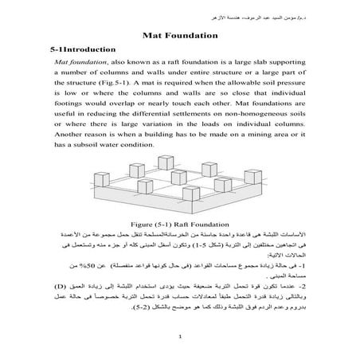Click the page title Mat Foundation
(179, 36)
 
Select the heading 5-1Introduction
(78, 50)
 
